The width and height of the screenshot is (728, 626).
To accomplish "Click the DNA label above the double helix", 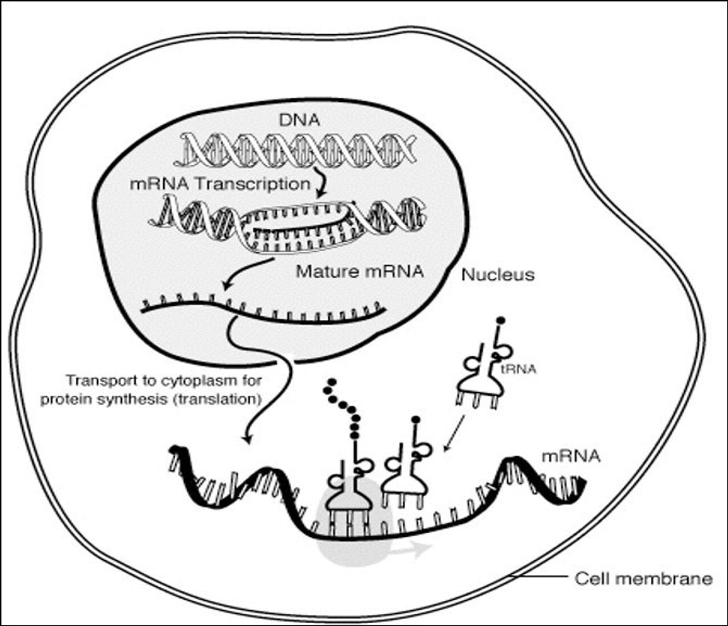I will click(299, 121).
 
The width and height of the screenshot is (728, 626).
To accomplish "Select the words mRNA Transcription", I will click(220, 184).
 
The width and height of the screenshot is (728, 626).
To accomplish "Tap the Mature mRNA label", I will click(359, 271).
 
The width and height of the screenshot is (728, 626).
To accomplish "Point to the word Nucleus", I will click(498, 275).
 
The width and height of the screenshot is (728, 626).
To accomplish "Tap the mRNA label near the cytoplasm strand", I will click(570, 456).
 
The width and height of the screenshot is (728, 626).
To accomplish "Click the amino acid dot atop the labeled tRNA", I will click(500, 321).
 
